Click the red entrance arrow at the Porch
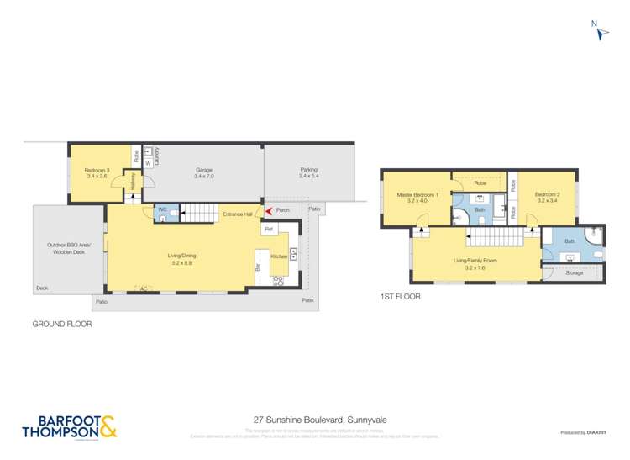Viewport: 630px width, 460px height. click(269, 210)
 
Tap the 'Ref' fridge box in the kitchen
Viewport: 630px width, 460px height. click(269, 229)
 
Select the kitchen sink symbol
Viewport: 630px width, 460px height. click(293, 253)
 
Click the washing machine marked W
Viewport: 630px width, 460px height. click(148, 164)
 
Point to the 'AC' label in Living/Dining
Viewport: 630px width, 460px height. click(144, 288)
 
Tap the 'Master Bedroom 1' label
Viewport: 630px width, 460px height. click(417, 198)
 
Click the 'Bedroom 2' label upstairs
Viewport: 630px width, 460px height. click(547, 198)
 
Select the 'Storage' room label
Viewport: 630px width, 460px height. click(575, 273)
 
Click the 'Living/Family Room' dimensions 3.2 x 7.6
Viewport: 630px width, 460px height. click(475, 267)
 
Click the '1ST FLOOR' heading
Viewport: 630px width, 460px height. click(401, 297)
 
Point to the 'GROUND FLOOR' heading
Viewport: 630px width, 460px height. click(62, 324)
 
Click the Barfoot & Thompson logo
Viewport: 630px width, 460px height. click(70, 426)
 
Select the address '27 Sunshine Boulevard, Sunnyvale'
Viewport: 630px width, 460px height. click(314, 419)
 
